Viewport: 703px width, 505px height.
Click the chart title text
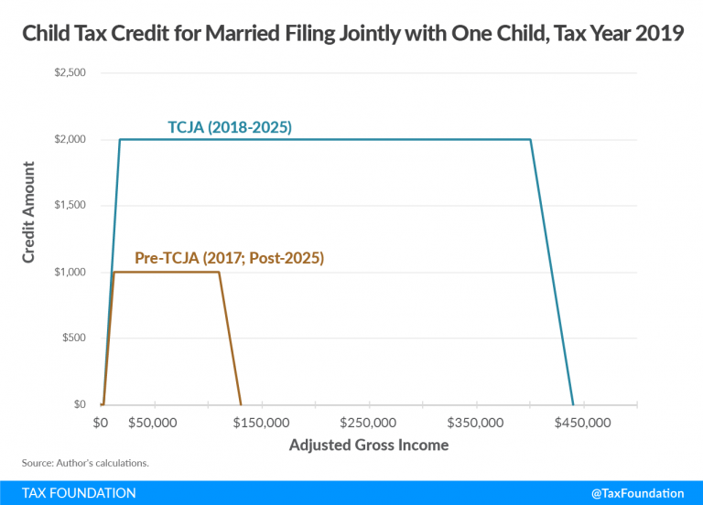[351, 37]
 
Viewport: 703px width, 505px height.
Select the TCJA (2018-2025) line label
[229, 128]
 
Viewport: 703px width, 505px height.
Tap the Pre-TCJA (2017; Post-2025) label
[229, 258]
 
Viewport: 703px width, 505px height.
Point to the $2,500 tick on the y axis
[69, 73]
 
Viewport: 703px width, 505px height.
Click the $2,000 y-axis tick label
[69, 140]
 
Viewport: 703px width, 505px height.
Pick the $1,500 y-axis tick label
[69, 206]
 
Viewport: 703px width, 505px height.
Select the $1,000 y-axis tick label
[69, 273]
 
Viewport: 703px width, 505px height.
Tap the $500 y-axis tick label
[74, 338]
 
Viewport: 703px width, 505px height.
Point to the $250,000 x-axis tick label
[368, 424]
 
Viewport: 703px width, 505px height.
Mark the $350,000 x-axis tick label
[476, 424]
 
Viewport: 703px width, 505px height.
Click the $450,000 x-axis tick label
[584, 424]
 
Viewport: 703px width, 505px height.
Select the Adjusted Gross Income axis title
[369, 446]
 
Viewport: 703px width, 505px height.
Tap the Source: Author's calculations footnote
[84, 463]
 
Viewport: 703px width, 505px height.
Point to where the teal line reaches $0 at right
[573, 404]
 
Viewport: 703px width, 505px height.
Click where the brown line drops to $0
[241, 404]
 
